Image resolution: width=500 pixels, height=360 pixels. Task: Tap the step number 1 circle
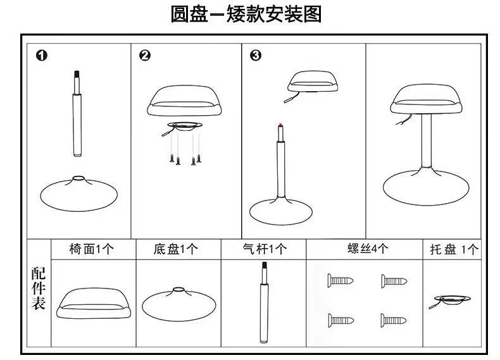click(x=42, y=56)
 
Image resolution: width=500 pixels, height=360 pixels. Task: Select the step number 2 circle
click(x=144, y=56)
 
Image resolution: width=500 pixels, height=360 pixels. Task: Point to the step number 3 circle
click(x=256, y=56)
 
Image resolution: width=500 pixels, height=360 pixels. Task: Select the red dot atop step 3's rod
click(x=279, y=125)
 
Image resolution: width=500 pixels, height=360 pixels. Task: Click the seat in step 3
click(x=312, y=82)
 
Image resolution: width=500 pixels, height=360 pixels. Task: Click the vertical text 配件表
click(x=38, y=288)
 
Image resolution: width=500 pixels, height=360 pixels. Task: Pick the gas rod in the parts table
click(x=263, y=304)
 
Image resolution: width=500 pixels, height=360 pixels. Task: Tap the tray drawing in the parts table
click(x=451, y=299)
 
